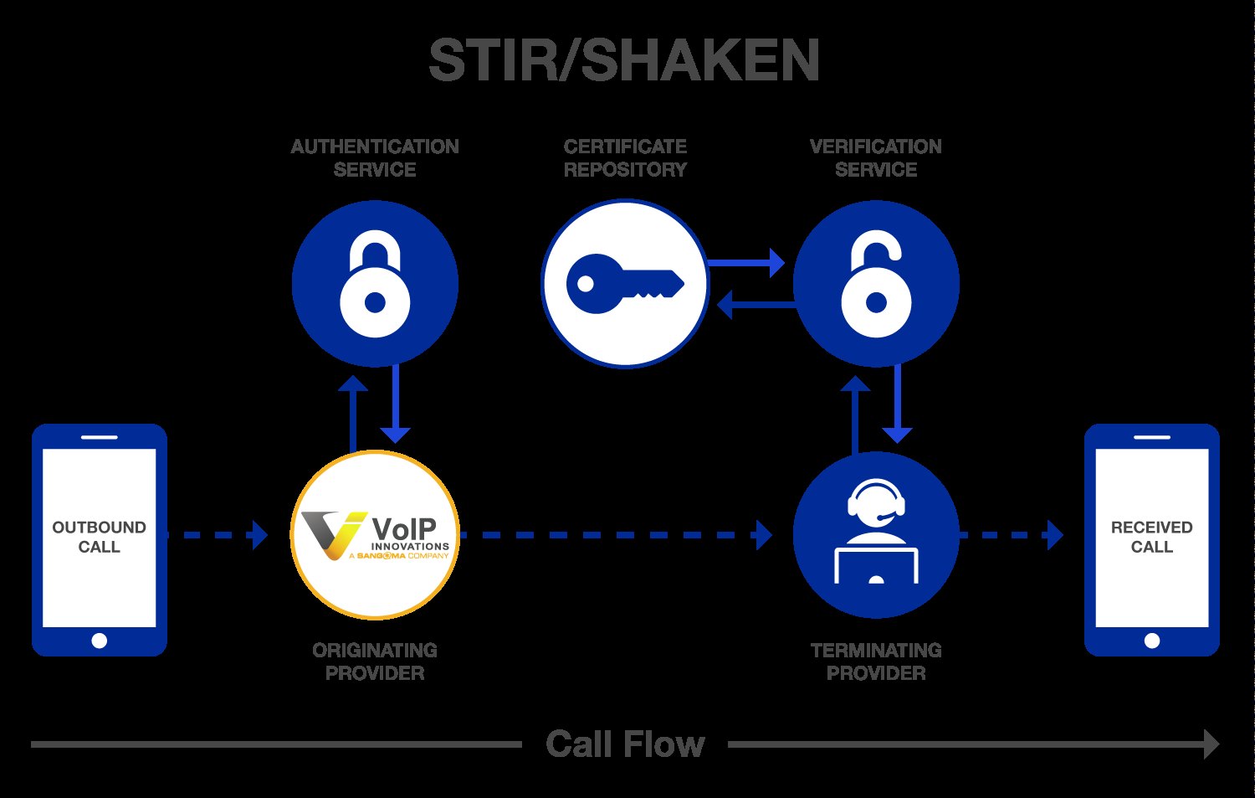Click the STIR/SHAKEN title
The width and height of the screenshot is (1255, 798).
coord(624,61)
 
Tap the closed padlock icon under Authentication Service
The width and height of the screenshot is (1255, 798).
coord(375,284)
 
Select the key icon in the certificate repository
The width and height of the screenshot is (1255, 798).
coord(624,283)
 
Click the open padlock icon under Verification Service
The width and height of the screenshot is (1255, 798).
coord(875,284)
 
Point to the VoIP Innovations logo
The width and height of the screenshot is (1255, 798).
coord(375,535)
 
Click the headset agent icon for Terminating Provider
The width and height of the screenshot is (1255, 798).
coord(875,533)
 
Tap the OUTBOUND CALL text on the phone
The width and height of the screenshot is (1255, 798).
coord(99,537)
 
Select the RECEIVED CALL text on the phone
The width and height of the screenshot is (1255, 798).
coord(1151,537)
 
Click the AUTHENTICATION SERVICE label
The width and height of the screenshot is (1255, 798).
coord(375,157)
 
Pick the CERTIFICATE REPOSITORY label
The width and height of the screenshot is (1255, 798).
coord(625,157)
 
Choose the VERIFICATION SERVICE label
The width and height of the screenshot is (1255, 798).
coord(875,157)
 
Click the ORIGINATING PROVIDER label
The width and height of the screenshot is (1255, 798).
coord(375,662)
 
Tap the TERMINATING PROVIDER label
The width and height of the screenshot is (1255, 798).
coord(875,662)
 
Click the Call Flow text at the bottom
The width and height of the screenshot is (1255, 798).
coord(625,744)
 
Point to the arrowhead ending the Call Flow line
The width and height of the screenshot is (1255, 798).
coord(1211,744)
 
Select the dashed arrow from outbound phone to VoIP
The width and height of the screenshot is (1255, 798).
coord(218,534)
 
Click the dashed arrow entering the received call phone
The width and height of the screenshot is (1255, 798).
coord(1012,534)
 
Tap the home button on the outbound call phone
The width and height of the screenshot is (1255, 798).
coord(99,641)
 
